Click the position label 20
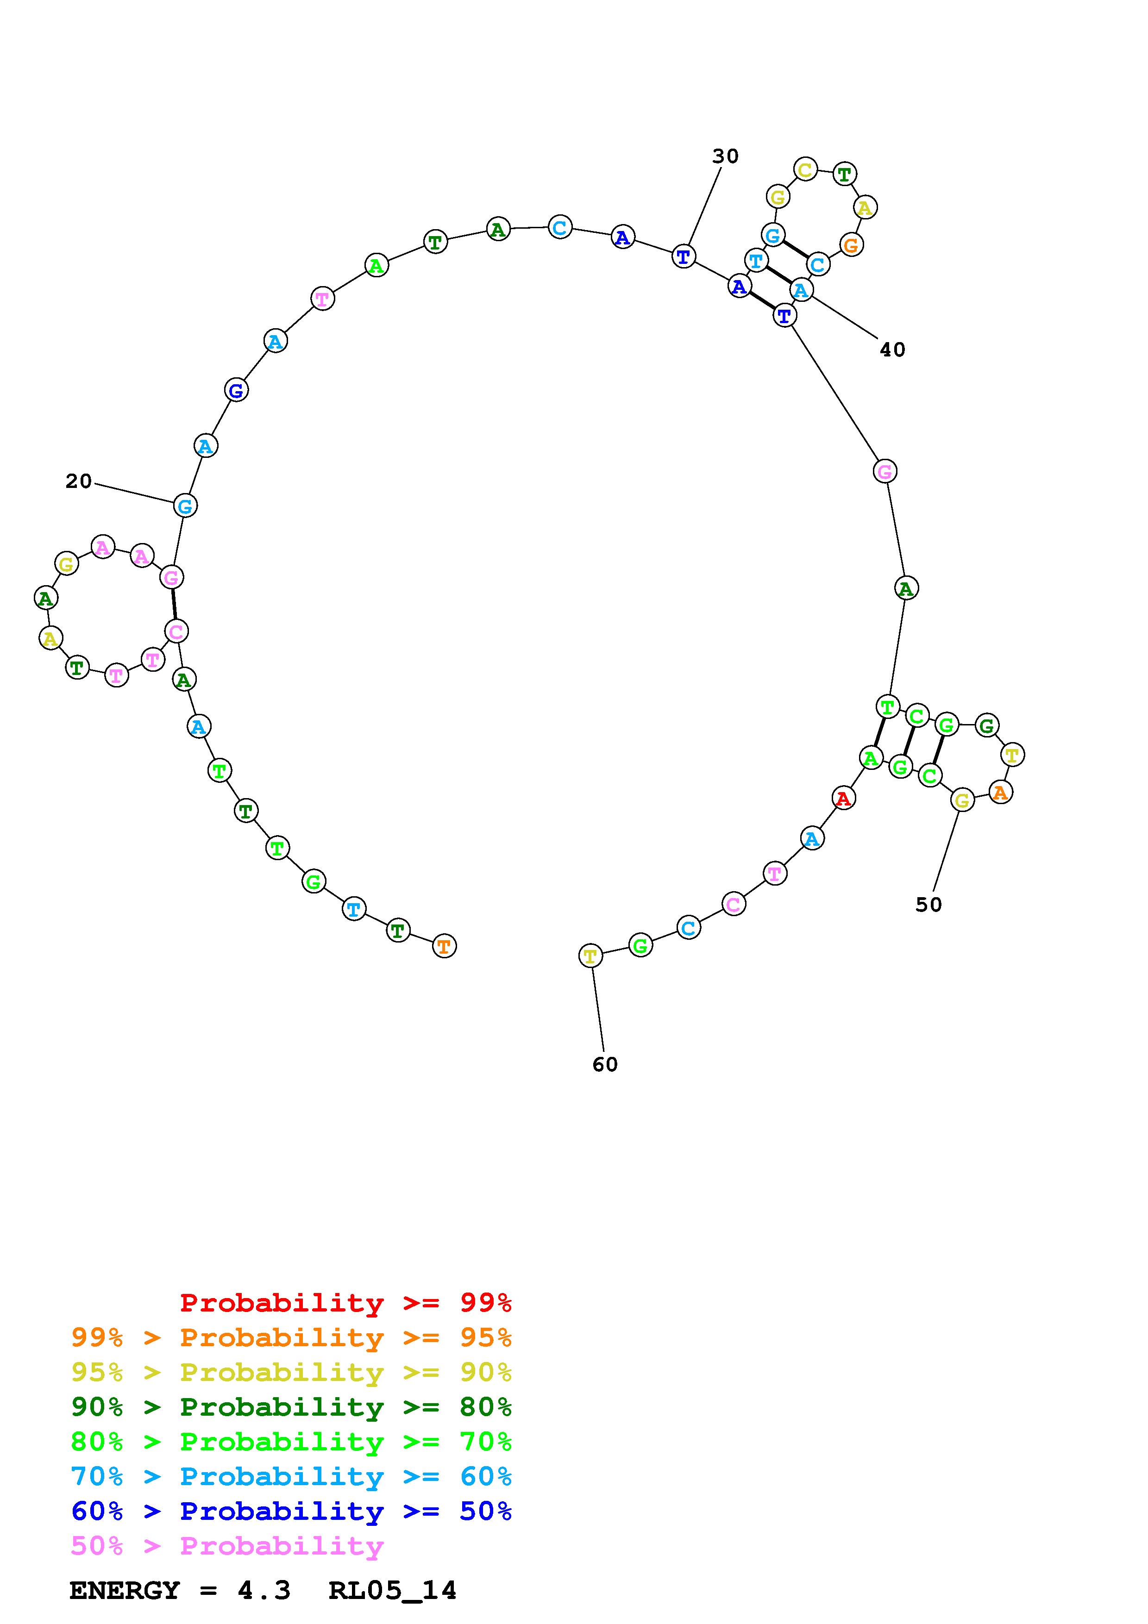coord(79,481)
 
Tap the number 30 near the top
coord(725,156)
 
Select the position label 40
coord(893,350)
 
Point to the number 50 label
coord(929,905)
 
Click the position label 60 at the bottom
coord(605,1064)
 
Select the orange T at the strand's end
coord(444,946)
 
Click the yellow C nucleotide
coord(805,170)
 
